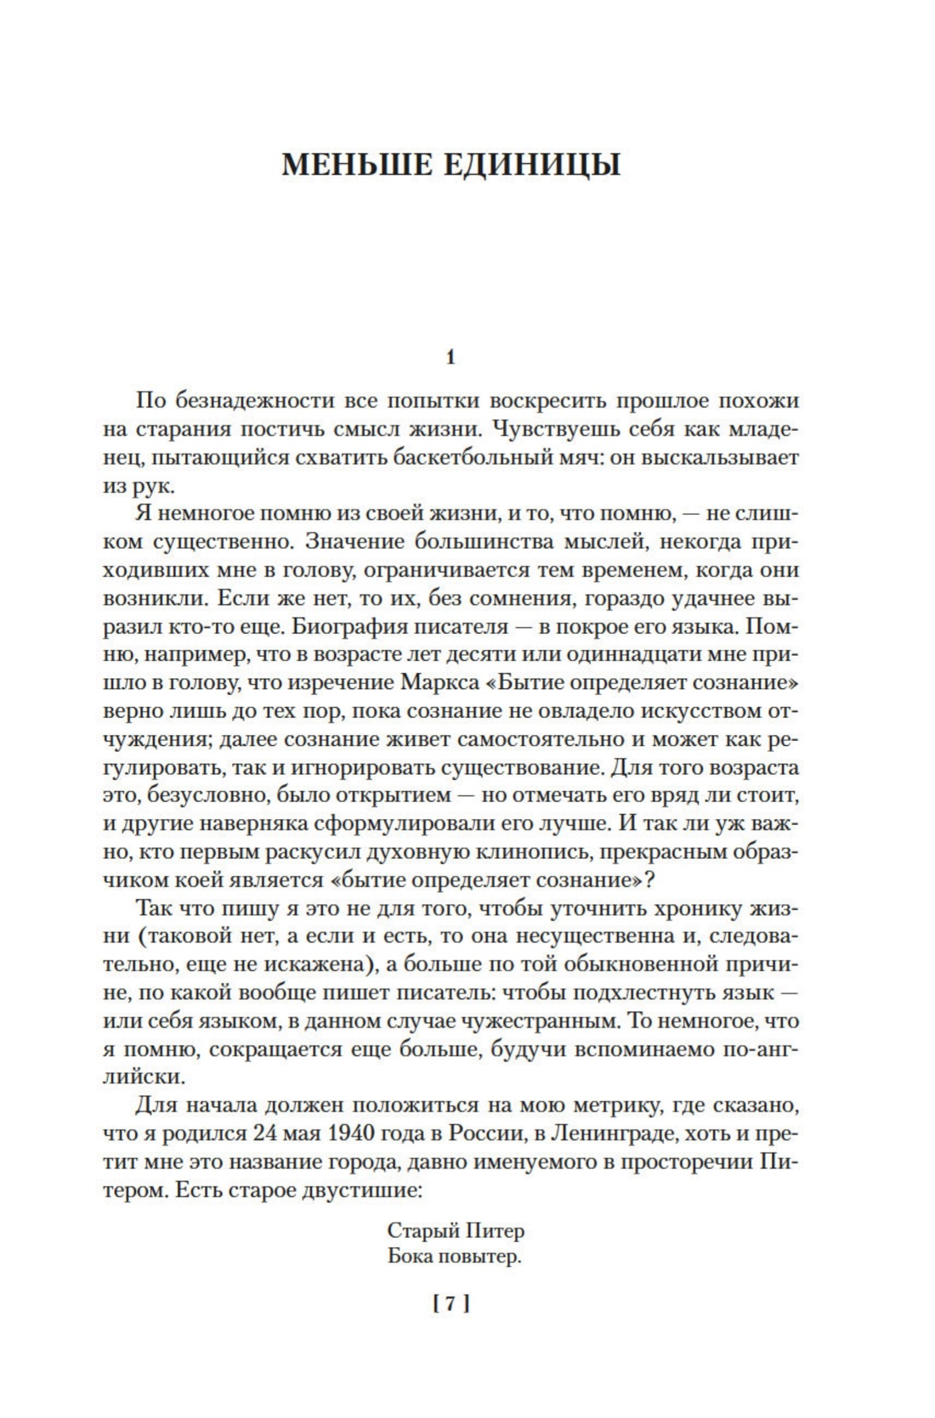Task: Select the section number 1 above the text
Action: coord(451,357)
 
